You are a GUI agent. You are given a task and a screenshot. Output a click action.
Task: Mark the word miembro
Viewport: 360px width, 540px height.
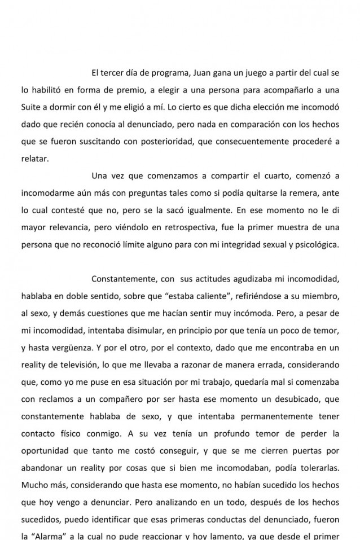[321, 297]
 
